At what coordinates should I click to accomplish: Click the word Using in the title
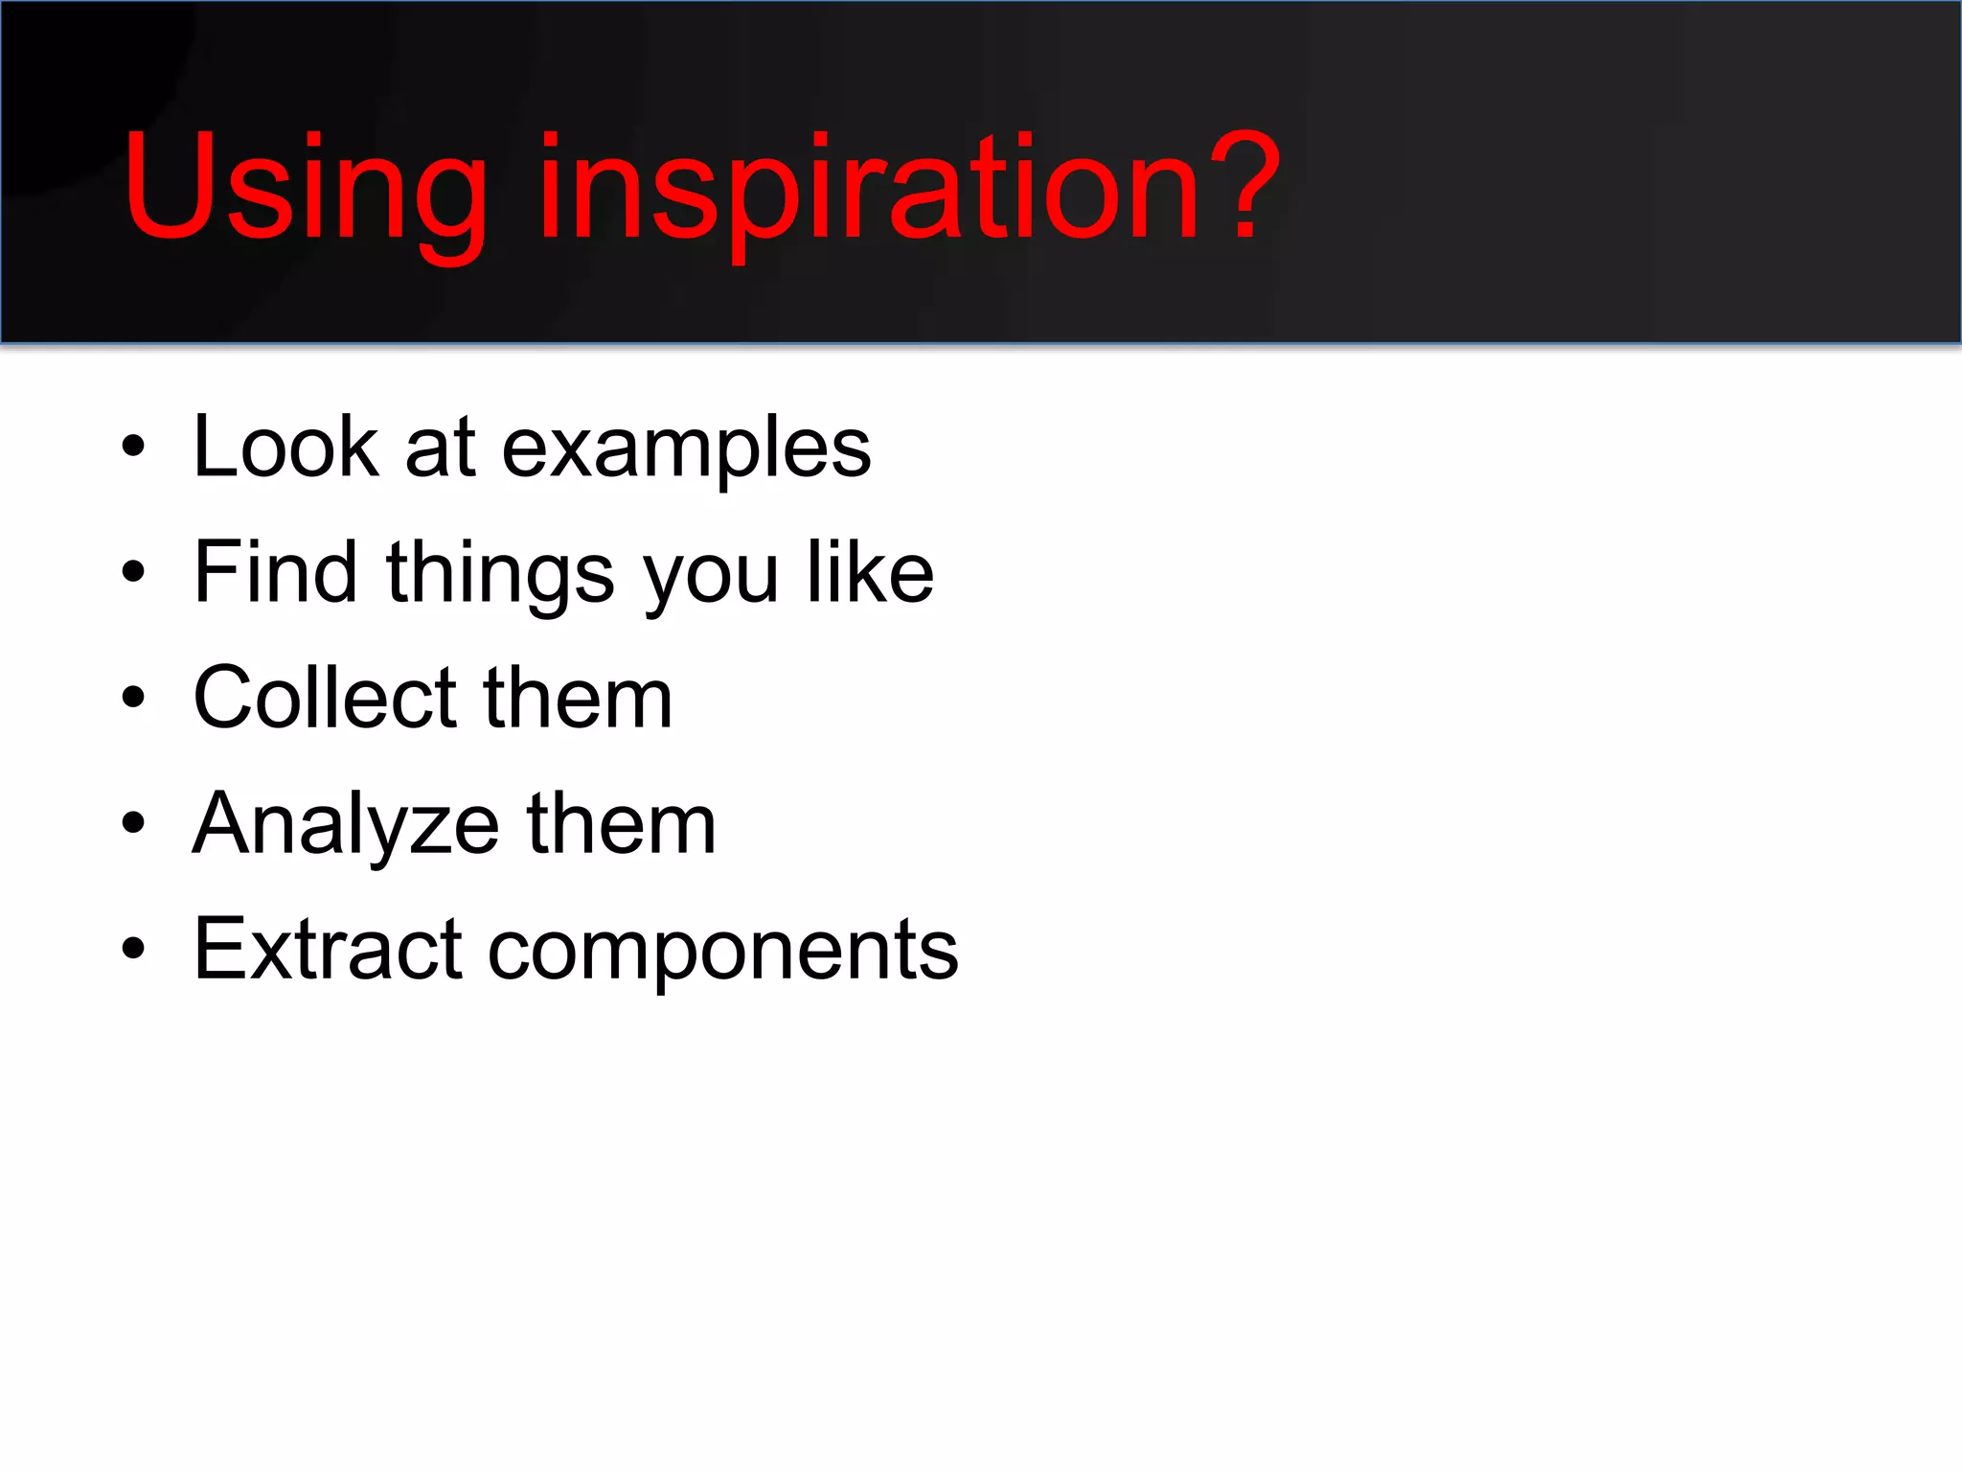(x=305, y=187)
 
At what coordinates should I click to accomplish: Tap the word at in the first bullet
(x=441, y=448)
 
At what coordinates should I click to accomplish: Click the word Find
(x=276, y=572)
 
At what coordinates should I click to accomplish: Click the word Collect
(x=324, y=698)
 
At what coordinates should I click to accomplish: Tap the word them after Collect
(x=578, y=698)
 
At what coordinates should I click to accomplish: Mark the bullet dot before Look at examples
(x=133, y=447)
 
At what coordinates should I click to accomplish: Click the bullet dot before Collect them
(x=133, y=698)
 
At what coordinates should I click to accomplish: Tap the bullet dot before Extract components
(x=133, y=949)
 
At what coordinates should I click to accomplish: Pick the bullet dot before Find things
(x=133, y=572)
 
